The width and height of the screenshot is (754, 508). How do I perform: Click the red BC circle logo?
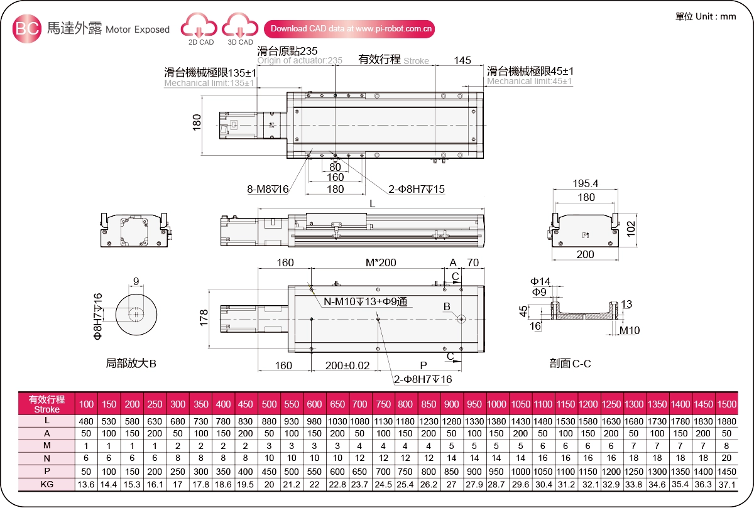click(28, 29)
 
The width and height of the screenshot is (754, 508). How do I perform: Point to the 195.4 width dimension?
click(585, 183)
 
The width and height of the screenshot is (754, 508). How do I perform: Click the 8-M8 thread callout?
click(268, 189)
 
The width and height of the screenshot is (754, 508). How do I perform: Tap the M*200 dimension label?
click(381, 262)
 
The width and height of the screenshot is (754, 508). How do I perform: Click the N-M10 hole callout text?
click(365, 302)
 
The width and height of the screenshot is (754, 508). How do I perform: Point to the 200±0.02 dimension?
click(347, 365)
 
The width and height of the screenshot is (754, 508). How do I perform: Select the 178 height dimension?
click(203, 318)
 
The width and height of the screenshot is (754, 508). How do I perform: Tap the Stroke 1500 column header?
click(726, 404)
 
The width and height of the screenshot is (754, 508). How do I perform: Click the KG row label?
click(46, 484)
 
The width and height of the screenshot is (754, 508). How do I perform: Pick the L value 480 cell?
click(86, 421)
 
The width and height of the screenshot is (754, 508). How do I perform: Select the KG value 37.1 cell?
click(726, 484)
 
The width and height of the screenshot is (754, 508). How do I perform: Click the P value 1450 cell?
click(726, 471)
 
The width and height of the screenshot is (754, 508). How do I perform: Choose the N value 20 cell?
click(726, 458)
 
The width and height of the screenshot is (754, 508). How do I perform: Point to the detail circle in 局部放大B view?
click(135, 313)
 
